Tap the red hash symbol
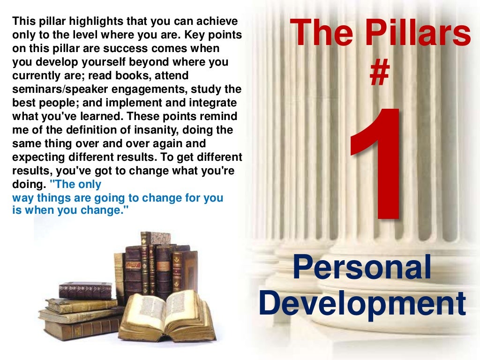tap(380, 75)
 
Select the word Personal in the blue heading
tap(361, 269)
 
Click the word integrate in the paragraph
tap(213, 103)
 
